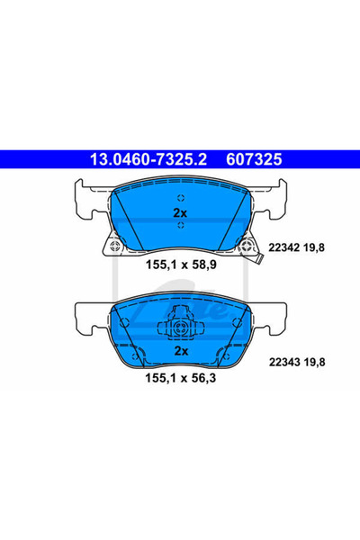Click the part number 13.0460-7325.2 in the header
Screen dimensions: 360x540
click(x=148, y=159)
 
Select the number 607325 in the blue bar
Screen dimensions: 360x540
click(x=254, y=159)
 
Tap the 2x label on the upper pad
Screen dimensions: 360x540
click(x=180, y=213)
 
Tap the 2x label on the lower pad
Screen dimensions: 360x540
click(x=181, y=351)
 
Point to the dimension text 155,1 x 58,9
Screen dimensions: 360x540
click(x=181, y=265)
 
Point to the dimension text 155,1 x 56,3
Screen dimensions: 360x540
click(x=181, y=378)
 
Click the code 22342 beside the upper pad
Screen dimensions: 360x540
click(x=283, y=247)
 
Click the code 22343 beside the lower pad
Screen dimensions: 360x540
click(x=284, y=362)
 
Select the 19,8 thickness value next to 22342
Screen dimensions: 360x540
click(x=314, y=247)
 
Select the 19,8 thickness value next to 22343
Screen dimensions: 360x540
click(x=314, y=363)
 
